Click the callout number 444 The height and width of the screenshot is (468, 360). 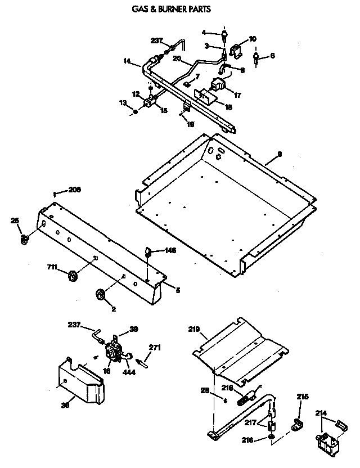131,372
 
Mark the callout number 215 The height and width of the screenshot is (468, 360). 303,397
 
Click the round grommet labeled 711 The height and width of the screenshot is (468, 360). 73,276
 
